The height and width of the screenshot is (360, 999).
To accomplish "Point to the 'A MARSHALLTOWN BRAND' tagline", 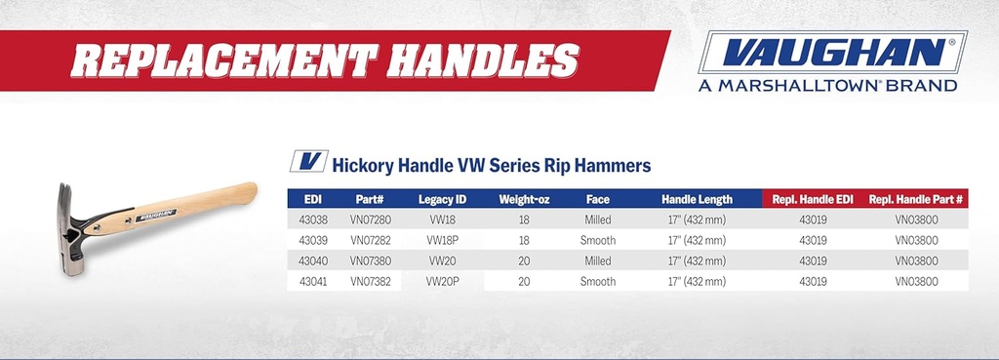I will pyautogui.click(x=827, y=86).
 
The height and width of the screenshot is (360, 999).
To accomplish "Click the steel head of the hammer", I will pyautogui.click(x=69, y=225).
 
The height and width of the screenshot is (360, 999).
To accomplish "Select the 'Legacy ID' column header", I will pyautogui.click(x=442, y=199).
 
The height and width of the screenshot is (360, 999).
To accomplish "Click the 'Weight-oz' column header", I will pyautogui.click(x=524, y=199).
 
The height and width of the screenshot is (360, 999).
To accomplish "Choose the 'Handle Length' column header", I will pyautogui.click(x=697, y=199).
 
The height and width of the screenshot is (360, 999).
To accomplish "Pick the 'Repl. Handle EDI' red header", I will pyautogui.click(x=813, y=199).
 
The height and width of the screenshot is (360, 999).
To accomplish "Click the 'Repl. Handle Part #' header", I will pyautogui.click(x=916, y=199).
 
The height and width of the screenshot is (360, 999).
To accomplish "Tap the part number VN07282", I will pyautogui.click(x=370, y=240).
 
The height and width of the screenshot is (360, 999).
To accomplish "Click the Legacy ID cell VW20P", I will pyautogui.click(x=442, y=281).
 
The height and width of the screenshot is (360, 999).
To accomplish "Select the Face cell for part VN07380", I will pyautogui.click(x=598, y=260).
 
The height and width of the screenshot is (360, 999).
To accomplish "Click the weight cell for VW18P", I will pyautogui.click(x=524, y=240).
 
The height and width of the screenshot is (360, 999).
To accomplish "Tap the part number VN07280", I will pyautogui.click(x=370, y=220).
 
